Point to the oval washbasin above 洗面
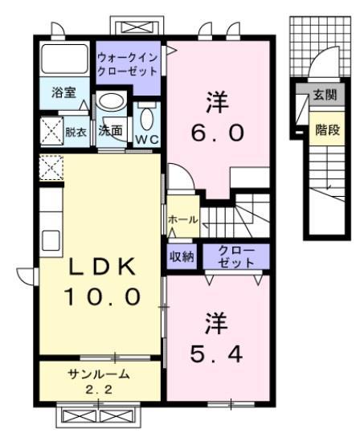tap(111, 103)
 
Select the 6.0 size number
tap(215, 132)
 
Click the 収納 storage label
tap(182, 257)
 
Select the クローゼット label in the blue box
tap(235, 257)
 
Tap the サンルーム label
tap(100, 374)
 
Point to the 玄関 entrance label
tap(324, 95)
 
